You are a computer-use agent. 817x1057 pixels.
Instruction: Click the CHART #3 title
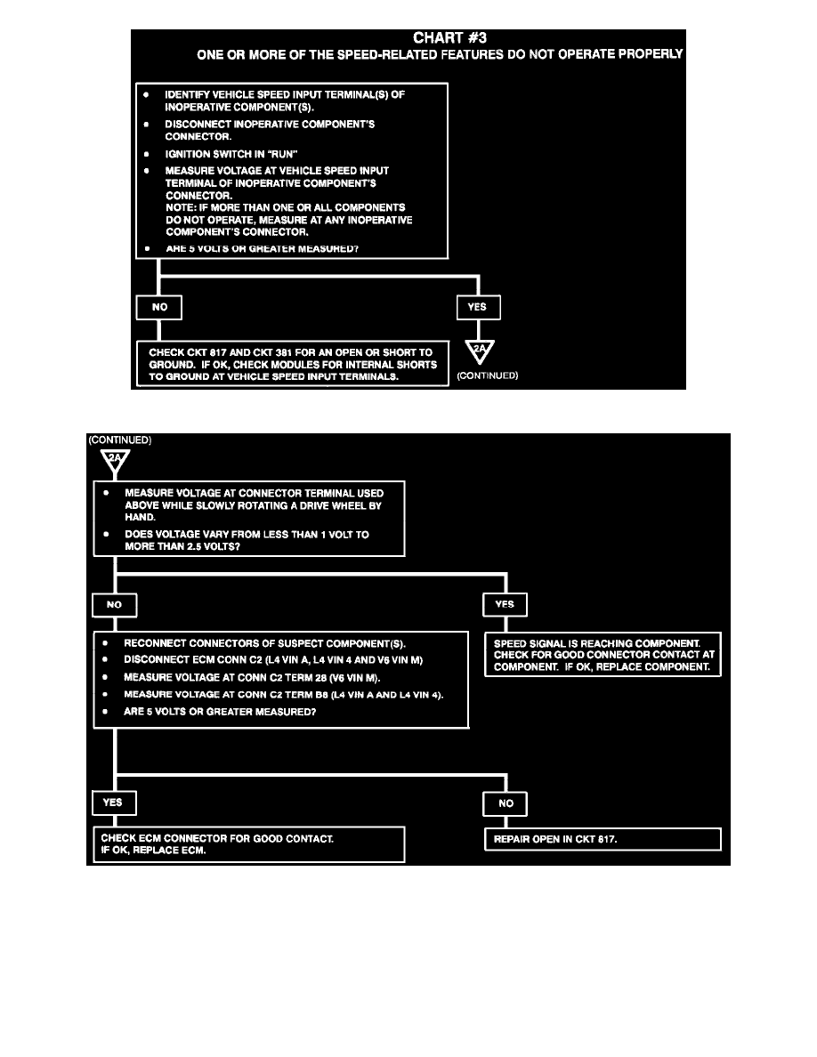point(452,37)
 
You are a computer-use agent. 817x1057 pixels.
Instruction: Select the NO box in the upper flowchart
point(158,308)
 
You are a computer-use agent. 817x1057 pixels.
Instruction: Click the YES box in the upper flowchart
point(479,308)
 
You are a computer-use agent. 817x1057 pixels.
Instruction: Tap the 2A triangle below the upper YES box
point(479,351)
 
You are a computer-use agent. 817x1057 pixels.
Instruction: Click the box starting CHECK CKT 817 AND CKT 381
point(292,364)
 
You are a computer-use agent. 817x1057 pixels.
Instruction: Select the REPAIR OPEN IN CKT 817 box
point(602,838)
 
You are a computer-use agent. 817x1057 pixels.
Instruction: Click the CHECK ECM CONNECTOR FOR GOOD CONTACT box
point(249,843)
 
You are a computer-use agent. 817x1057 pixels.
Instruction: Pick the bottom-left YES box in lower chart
point(113,802)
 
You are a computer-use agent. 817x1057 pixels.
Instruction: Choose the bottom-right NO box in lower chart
point(505,803)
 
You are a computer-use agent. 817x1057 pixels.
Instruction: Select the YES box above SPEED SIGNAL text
point(505,604)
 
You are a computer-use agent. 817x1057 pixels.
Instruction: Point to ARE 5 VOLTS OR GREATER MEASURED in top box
point(262,248)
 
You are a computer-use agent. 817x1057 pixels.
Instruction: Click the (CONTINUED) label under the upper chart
point(487,375)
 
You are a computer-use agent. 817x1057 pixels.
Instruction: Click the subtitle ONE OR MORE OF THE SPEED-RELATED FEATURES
point(440,54)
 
